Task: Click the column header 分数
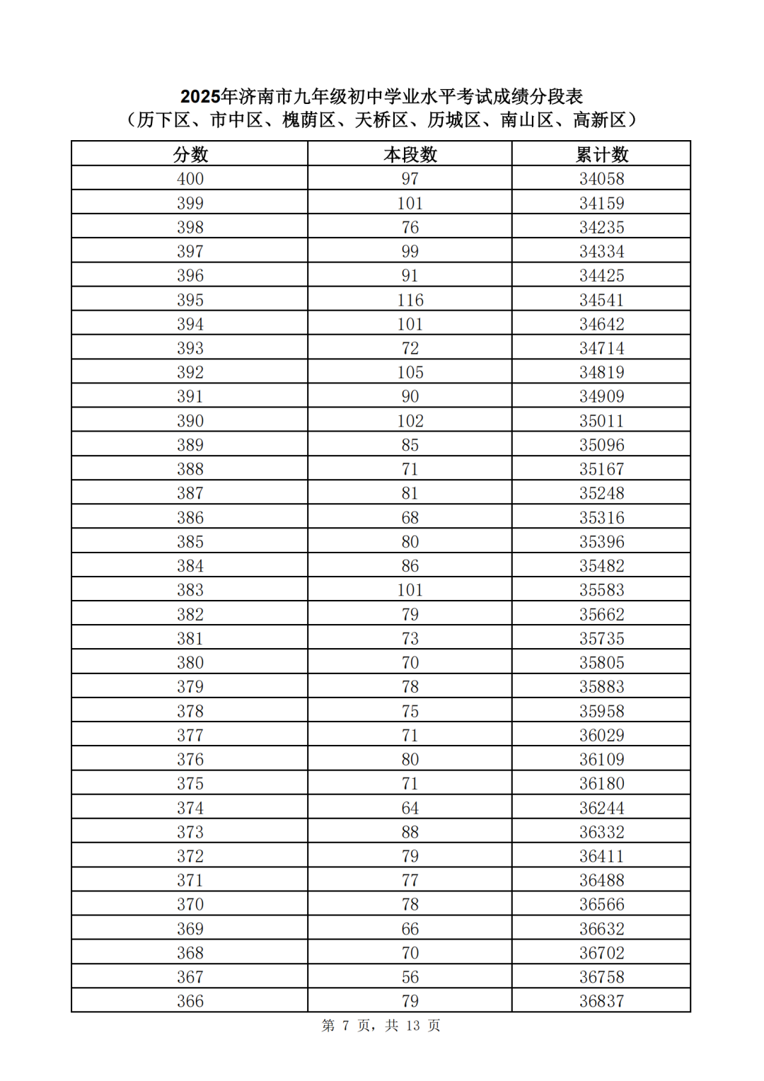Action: point(190,154)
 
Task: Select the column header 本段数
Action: point(410,154)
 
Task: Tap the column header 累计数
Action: point(602,154)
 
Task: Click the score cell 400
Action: point(190,179)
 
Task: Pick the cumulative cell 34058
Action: point(602,179)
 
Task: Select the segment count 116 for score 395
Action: point(410,300)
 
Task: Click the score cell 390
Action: point(190,421)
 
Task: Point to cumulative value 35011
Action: point(602,421)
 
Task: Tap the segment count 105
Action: point(410,372)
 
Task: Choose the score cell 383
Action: point(190,590)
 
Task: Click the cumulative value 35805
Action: point(602,663)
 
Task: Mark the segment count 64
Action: point(410,808)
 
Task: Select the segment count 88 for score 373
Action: point(410,832)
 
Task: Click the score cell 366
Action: point(190,1001)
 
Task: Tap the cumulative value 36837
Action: point(602,1001)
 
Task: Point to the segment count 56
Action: point(410,977)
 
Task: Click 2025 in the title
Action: point(200,96)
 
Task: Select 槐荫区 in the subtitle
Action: point(309,120)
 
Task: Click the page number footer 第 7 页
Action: point(346,1025)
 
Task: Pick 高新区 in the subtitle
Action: point(599,120)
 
